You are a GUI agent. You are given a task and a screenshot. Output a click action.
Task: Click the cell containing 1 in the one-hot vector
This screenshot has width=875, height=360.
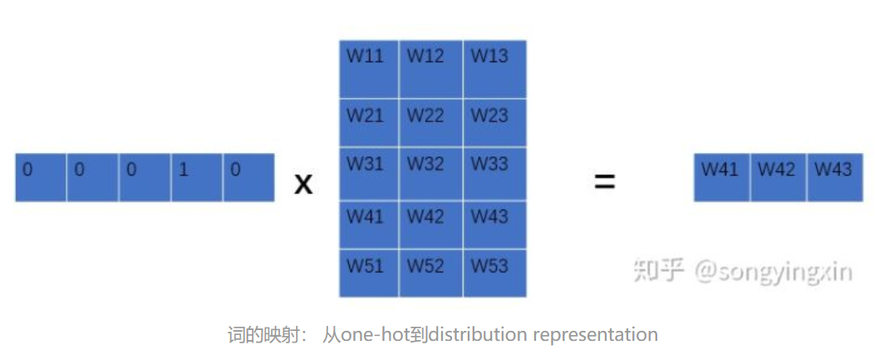(x=197, y=177)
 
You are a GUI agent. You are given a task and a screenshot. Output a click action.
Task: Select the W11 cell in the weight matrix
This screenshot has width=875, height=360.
(x=369, y=69)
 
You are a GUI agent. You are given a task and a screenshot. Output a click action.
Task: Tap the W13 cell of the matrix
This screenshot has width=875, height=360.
(x=494, y=69)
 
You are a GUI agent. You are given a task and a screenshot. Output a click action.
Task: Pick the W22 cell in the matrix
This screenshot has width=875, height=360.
(x=430, y=123)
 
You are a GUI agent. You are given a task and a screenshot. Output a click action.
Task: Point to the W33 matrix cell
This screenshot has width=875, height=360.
(x=494, y=173)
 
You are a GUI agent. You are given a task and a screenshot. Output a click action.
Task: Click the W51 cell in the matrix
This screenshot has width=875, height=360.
(x=369, y=273)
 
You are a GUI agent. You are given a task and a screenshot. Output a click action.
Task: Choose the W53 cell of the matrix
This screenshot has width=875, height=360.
(x=494, y=273)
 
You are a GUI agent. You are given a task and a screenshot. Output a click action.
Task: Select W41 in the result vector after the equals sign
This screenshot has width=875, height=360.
(x=721, y=177)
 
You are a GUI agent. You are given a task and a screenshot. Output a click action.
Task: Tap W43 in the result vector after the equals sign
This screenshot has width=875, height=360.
(x=833, y=177)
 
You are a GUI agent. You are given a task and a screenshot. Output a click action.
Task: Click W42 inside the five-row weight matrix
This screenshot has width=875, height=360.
(x=430, y=223)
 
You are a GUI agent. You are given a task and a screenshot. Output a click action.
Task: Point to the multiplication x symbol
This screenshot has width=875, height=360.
(x=304, y=183)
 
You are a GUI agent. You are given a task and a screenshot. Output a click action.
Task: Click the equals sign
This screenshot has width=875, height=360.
(x=604, y=181)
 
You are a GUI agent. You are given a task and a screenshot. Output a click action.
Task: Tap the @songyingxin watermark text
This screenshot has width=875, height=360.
(x=773, y=271)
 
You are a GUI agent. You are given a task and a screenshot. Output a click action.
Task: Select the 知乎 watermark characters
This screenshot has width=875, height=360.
(x=658, y=269)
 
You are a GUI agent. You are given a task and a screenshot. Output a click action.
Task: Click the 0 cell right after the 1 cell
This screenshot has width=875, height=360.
(x=248, y=177)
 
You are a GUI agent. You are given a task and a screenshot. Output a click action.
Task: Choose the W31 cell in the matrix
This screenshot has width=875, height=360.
(x=369, y=173)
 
